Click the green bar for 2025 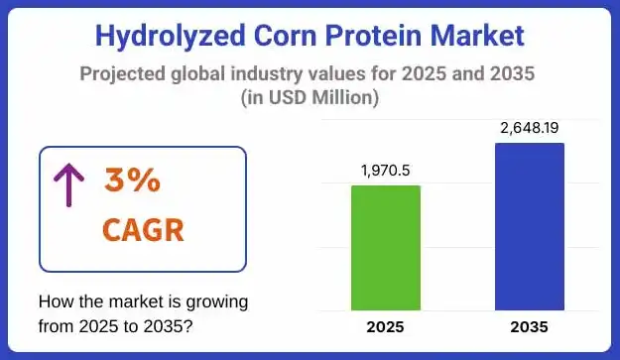click(386, 248)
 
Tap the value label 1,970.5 click(386, 170)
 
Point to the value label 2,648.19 click(529, 127)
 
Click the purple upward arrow click(68, 184)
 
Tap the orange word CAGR click(143, 231)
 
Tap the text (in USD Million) click(310, 98)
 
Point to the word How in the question click(55, 301)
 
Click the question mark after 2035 click(190, 324)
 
